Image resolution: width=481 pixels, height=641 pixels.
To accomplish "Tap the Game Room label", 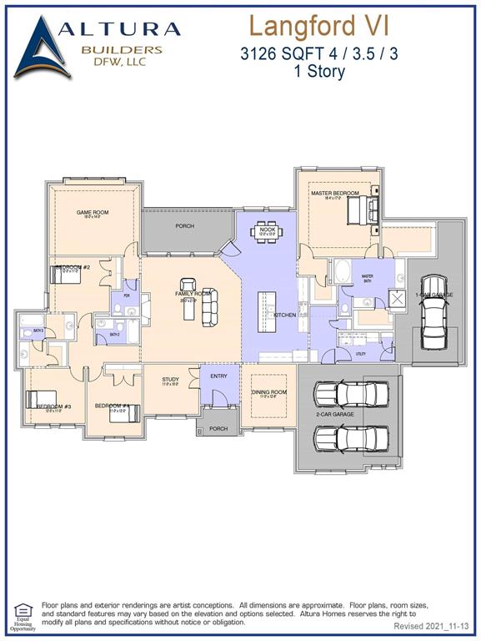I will click(x=93, y=213).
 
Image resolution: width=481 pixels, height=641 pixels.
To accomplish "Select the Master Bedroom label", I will click(x=335, y=194).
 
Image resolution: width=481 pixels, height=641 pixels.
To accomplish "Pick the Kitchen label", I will click(x=284, y=315).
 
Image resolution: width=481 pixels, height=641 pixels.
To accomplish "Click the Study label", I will click(x=170, y=381).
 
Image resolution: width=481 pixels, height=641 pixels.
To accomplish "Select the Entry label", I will click(x=218, y=376).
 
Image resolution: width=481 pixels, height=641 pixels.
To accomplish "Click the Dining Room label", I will click(x=268, y=392).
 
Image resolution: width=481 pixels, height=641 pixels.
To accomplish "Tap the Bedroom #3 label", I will click(x=53, y=406).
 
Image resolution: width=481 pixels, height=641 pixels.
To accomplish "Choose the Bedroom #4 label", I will click(x=111, y=406).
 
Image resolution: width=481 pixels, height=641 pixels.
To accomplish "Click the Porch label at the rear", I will click(x=184, y=226).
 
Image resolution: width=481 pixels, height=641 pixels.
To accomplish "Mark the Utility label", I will click(x=360, y=354).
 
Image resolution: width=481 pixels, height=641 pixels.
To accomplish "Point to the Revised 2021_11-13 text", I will click(x=432, y=625).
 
